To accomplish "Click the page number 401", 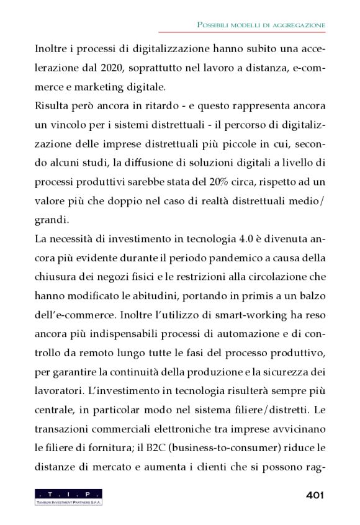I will click(315, 495).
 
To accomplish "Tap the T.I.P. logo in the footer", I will click(68, 496).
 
